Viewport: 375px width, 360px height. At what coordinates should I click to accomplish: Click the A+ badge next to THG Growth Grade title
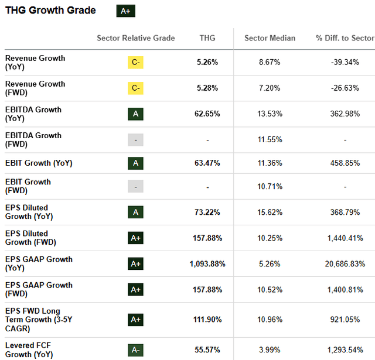pyautogui.click(x=126, y=11)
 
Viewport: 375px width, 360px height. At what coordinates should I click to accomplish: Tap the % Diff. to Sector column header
pyautogui.click(x=345, y=38)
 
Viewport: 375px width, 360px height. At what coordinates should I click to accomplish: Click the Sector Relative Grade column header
pyautogui.click(x=136, y=38)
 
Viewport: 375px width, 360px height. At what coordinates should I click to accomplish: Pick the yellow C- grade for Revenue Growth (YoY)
pyautogui.click(x=135, y=63)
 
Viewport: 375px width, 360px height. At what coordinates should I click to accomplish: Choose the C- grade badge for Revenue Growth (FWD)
pyautogui.click(x=135, y=88)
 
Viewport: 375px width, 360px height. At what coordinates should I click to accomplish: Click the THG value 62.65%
pyautogui.click(x=207, y=114)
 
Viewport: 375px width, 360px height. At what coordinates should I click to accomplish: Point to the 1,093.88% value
pyautogui.click(x=207, y=264)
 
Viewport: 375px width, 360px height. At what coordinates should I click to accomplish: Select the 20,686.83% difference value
pyautogui.click(x=345, y=264)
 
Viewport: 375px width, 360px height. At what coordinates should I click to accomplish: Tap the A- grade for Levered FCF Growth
pyautogui.click(x=135, y=350)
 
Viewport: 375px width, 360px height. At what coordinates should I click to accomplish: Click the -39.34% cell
pyautogui.click(x=345, y=63)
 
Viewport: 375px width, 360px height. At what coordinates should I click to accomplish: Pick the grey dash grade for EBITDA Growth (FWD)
pyautogui.click(x=135, y=140)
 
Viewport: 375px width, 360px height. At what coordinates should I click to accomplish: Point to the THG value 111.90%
pyautogui.click(x=207, y=320)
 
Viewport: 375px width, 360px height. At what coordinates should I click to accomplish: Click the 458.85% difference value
pyautogui.click(x=345, y=163)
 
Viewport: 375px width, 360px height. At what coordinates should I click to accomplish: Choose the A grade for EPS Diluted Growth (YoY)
pyautogui.click(x=135, y=212)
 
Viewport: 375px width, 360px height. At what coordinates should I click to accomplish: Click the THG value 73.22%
pyautogui.click(x=207, y=212)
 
